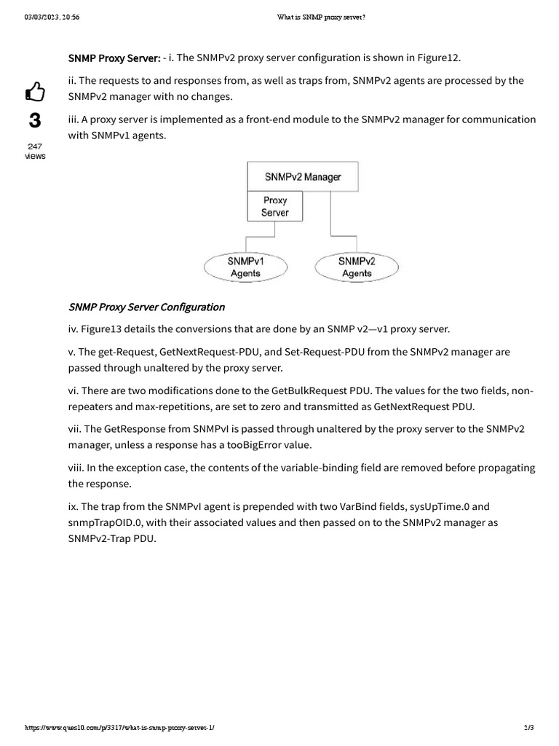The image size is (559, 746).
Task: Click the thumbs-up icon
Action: (x=35, y=92)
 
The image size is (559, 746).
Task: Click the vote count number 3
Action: (x=34, y=120)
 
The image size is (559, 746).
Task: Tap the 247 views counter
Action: (x=34, y=151)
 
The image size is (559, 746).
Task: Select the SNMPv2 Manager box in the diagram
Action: (x=303, y=176)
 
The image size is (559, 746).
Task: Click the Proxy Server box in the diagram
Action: (x=275, y=206)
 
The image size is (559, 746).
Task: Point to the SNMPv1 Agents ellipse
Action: (x=245, y=267)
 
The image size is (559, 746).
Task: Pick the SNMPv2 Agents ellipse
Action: (x=357, y=267)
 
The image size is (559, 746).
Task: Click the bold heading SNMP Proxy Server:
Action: (x=114, y=58)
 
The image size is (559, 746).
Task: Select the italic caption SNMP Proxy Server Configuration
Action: (x=146, y=307)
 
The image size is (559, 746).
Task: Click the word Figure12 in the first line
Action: (x=438, y=58)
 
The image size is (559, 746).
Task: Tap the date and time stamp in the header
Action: (x=52, y=17)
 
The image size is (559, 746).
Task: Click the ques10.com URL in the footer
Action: (x=120, y=730)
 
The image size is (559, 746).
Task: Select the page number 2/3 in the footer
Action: (x=528, y=730)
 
